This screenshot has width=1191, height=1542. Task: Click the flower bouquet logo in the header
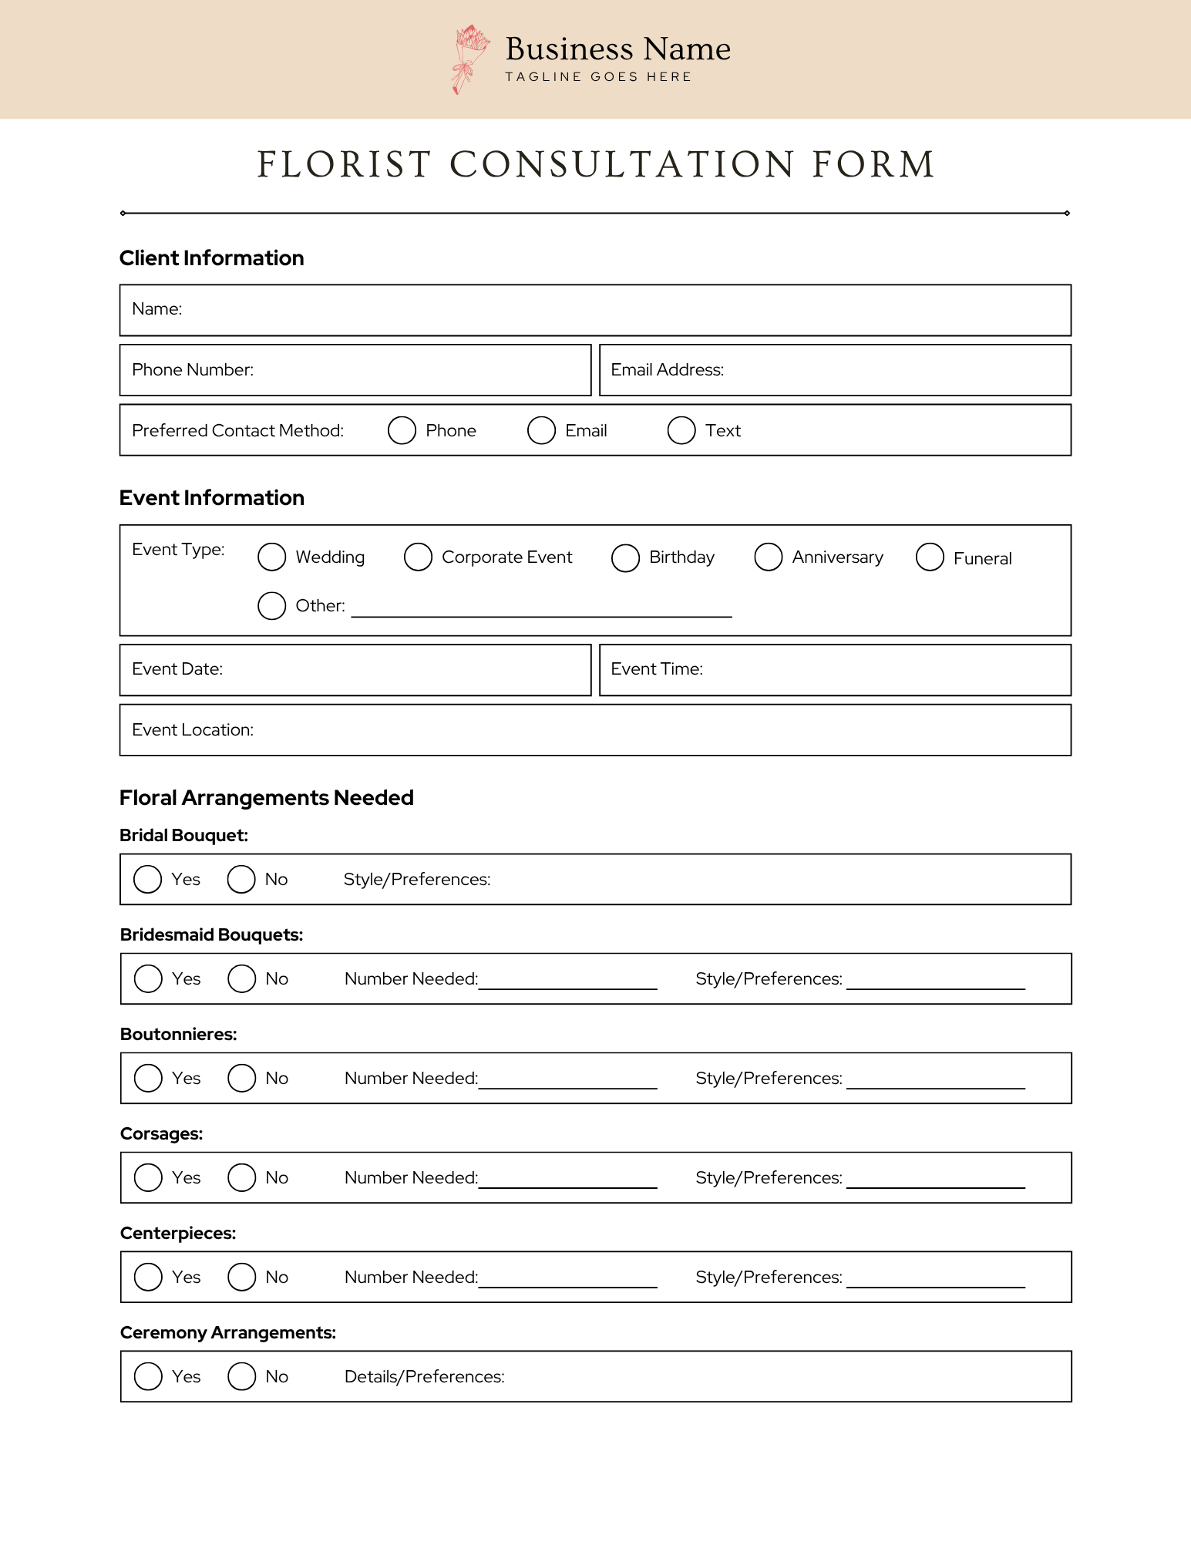pos(469,59)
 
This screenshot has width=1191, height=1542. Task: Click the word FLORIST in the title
pos(344,165)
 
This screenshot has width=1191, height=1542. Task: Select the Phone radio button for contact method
pos(402,430)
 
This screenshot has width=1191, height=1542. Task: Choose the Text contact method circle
pos(681,430)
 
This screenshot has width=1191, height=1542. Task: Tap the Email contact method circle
pos(541,430)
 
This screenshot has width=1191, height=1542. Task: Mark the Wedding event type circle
pos(271,557)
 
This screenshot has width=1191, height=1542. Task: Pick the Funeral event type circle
pos(930,557)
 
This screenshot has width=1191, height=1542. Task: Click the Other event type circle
pos(271,606)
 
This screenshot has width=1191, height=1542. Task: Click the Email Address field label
pos(667,370)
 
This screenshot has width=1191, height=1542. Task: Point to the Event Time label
pos(657,669)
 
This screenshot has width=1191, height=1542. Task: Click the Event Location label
pos(193,730)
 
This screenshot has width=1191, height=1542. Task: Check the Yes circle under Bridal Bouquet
pos(147,879)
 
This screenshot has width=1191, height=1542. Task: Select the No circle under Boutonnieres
pos(241,1078)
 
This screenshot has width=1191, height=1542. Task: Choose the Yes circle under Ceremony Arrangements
pos(148,1376)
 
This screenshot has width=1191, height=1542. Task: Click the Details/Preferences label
pos(424,1377)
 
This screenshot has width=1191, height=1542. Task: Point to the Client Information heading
pos(211,258)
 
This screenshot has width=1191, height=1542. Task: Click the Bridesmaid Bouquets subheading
pos(211,935)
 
